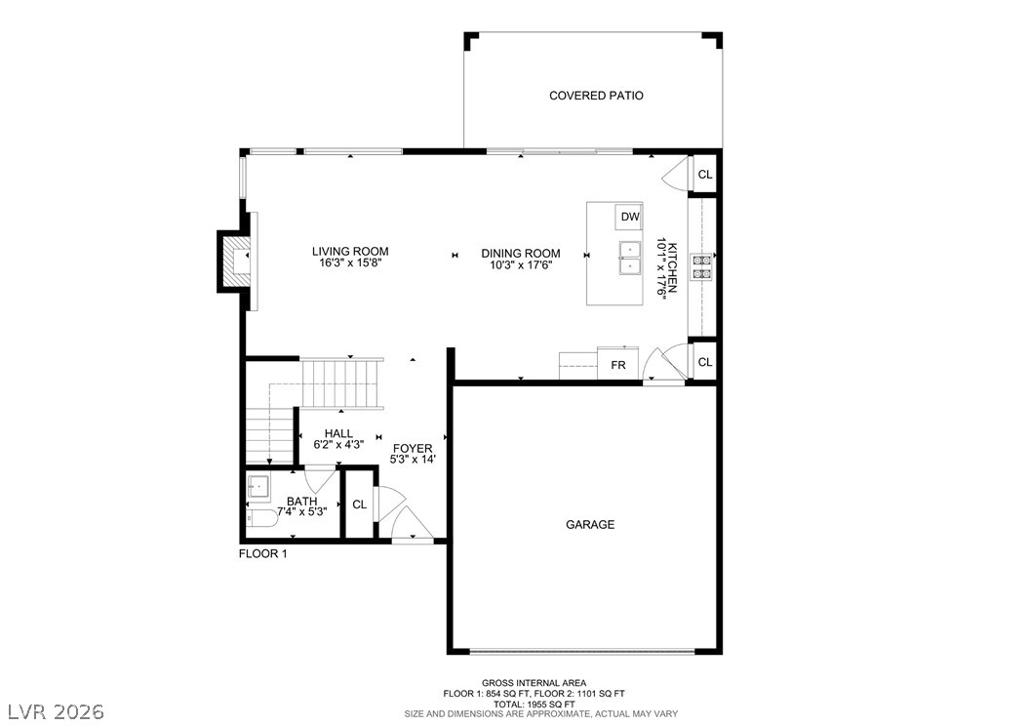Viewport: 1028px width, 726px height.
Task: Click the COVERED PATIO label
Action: click(596, 96)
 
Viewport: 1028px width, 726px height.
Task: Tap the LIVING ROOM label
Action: click(350, 251)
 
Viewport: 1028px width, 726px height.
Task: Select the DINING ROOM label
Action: click(521, 253)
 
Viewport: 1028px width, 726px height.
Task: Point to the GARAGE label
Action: click(590, 525)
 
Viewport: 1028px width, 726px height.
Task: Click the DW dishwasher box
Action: click(629, 217)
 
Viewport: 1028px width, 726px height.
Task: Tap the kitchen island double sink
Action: click(629, 259)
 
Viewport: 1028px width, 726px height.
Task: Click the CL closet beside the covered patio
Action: click(705, 175)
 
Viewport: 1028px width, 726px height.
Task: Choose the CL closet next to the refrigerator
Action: click(705, 362)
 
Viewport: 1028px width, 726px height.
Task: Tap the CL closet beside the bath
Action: click(359, 504)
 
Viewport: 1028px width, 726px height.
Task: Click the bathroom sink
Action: click(258, 486)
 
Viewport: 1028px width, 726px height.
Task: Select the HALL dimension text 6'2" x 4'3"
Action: click(338, 445)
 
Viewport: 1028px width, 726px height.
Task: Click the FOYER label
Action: click(413, 449)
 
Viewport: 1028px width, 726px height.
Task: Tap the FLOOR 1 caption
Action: click(263, 553)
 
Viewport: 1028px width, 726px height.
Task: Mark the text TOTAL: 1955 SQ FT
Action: click(534, 704)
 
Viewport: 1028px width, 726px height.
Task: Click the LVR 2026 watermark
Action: click(57, 711)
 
